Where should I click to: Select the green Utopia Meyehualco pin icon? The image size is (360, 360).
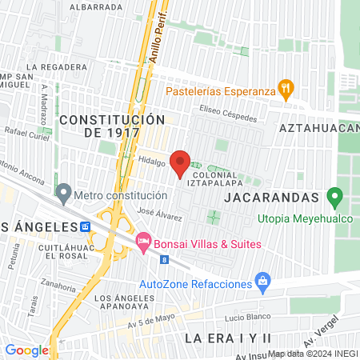pos(335,196)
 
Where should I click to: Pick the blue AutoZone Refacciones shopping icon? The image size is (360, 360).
pos(262,281)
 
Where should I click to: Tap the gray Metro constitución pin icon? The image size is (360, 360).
pos(63,193)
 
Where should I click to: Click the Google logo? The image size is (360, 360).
pos(26,350)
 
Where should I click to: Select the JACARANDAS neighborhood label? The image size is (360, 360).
pos(272,195)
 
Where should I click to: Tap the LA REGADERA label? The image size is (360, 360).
pos(56,67)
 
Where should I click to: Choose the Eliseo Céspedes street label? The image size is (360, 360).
pos(229,113)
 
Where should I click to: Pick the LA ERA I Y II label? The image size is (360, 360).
pos(229,338)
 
